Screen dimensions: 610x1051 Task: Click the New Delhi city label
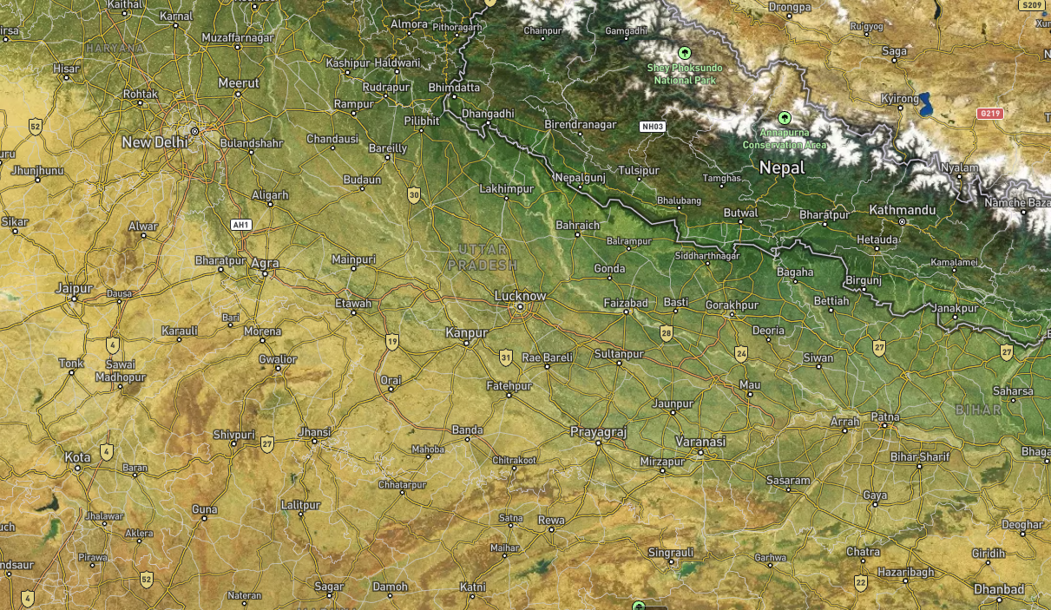point(155,142)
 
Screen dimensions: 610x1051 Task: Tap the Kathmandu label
point(903,210)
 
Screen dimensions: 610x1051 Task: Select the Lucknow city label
point(520,296)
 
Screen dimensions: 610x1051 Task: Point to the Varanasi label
point(700,441)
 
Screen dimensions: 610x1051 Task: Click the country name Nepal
point(782,168)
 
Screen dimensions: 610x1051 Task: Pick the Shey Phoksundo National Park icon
point(685,53)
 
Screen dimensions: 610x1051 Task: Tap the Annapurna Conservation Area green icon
point(785,116)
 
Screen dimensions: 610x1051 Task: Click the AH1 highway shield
point(241,225)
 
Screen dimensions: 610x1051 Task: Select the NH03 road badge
point(652,127)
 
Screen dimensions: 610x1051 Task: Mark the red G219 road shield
point(989,114)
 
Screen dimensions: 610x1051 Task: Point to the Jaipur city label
point(74,287)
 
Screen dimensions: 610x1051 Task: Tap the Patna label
point(885,417)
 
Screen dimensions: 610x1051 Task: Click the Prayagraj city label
point(598,431)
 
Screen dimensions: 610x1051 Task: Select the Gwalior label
point(278,359)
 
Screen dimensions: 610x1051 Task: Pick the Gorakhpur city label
point(732,305)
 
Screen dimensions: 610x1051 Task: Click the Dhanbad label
point(999,589)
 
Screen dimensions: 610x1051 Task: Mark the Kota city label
point(77,456)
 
